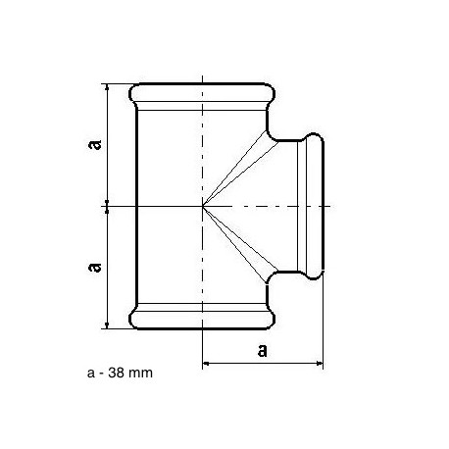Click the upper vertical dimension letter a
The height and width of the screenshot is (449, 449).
tap(95, 144)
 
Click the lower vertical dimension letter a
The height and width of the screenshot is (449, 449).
tap(95, 267)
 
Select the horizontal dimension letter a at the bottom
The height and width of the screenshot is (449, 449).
tap(263, 350)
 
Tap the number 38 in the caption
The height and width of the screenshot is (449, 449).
tap(116, 373)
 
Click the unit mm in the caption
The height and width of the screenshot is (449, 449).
tap(140, 374)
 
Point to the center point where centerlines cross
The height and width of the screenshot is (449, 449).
tap(203, 206)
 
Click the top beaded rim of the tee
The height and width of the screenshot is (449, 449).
tap(202, 92)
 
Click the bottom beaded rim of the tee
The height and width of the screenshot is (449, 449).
tap(202, 320)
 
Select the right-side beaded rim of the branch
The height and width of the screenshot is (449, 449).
tap(315, 206)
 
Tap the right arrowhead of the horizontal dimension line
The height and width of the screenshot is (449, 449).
tap(320, 363)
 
